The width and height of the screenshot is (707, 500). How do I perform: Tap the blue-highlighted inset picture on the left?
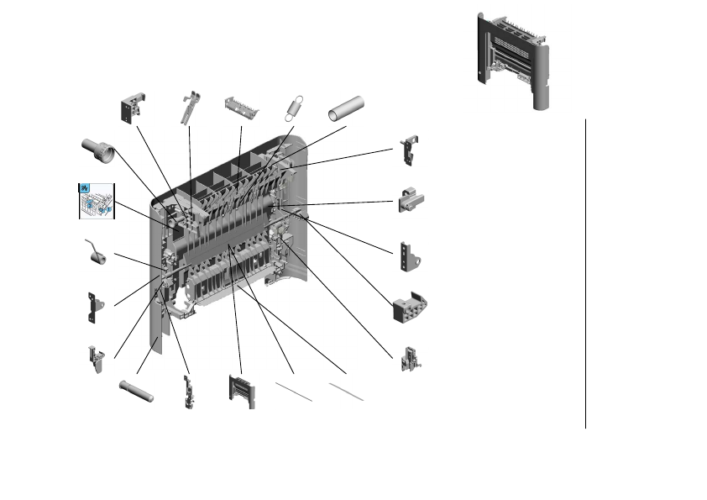(x=95, y=200)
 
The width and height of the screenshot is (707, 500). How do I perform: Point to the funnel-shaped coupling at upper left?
(x=98, y=151)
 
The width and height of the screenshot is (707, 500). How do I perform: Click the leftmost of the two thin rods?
(x=294, y=392)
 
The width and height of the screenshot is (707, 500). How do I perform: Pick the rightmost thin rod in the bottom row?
(x=346, y=392)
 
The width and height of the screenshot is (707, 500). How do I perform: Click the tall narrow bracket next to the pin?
(x=188, y=391)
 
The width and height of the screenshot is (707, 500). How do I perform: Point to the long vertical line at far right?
(x=584, y=273)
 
